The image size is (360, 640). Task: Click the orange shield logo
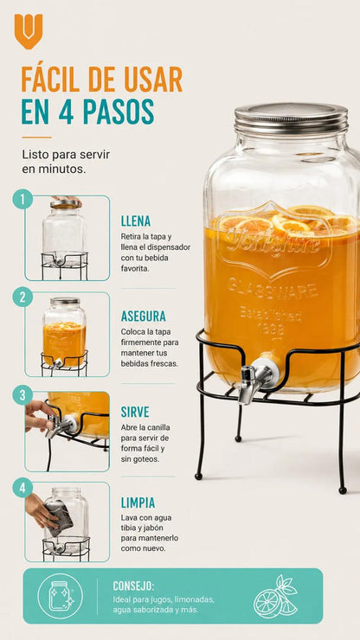[x=29, y=31]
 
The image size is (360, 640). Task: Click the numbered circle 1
[x=22, y=199]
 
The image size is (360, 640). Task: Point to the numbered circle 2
[x=22, y=298]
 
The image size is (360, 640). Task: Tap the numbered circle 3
[x=22, y=395]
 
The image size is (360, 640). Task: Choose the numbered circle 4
[x=22, y=488]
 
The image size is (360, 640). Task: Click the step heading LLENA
[x=136, y=221]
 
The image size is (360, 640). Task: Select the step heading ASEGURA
[x=144, y=317]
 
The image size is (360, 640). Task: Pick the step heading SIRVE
[x=135, y=413]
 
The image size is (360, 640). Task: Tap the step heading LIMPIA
[x=138, y=502]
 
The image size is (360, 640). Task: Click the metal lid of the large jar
[x=291, y=118]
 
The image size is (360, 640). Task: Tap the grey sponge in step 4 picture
[x=59, y=518]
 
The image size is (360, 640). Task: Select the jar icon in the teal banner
[x=60, y=597]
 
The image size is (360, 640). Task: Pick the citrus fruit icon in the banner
[x=276, y=597]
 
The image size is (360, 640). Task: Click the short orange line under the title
[x=36, y=138]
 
